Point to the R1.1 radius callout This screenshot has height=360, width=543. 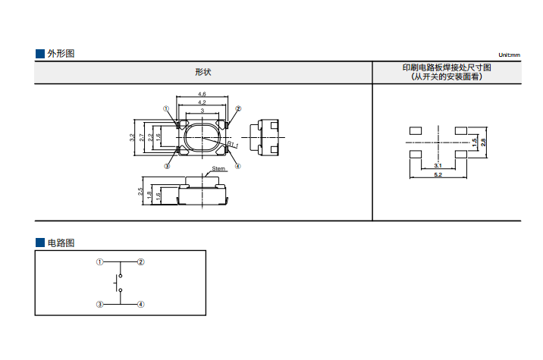pyautogui.click(x=233, y=144)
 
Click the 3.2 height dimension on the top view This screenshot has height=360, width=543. pyautogui.click(x=132, y=137)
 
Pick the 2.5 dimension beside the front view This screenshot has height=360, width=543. pyautogui.click(x=140, y=193)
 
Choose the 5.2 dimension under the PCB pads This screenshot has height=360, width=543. pyautogui.click(x=438, y=175)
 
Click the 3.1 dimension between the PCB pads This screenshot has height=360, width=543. pyautogui.click(x=438, y=165)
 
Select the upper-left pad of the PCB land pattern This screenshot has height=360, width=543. pyautogui.click(x=414, y=130)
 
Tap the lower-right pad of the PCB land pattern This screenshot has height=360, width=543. pyautogui.click(x=462, y=155)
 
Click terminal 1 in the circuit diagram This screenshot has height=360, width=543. pyautogui.click(x=99, y=261)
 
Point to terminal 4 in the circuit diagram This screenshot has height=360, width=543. pyautogui.click(x=141, y=304)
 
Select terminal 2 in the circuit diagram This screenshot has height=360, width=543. pyautogui.click(x=141, y=261)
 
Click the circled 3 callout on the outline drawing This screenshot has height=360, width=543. pyautogui.click(x=167, y=166)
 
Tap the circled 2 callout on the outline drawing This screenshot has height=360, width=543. pyautogui.click(x=237, y=109)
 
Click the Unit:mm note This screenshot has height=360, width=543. pyautogui.click(x=510, y=55)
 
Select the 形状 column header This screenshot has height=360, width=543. pyautogui.click(x=202, y=72)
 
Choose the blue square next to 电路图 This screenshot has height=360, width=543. pyautogui.click(x=40, y=243)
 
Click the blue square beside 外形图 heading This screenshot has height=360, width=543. pyautogui.click(x=40, y=54)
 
